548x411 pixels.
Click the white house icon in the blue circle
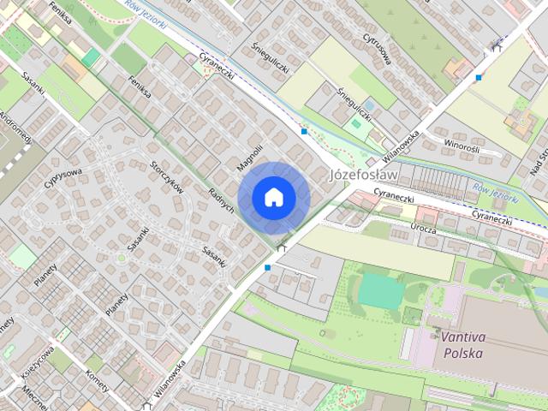[x=273, y=197]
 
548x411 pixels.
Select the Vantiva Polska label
[x=462, y=344]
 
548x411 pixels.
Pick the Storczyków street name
[x=167, y=176]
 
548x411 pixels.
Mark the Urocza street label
[x=423, y=230]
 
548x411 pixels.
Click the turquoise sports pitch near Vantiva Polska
[x=379, y=289]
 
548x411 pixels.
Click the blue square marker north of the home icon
[x=304, y=132]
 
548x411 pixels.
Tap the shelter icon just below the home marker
[x=283, y=248]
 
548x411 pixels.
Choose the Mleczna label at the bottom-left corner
[x=35, y=396]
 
